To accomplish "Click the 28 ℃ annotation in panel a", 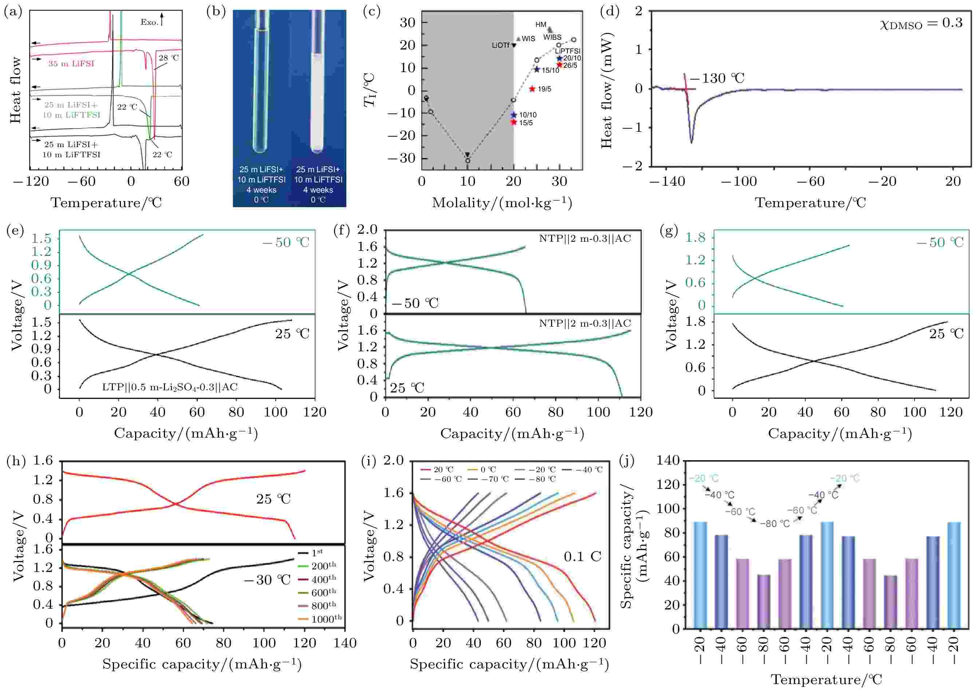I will (169, 58).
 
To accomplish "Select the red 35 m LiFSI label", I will (71, 64).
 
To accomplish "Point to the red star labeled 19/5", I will (532, 89).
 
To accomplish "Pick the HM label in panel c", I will (540, 25).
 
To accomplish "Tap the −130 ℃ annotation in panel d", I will (718, 78).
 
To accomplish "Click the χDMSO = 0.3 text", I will (920, 23).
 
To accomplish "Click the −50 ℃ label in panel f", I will (415, 303).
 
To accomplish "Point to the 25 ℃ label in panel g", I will (945, 334).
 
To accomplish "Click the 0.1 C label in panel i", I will (582, 557).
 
